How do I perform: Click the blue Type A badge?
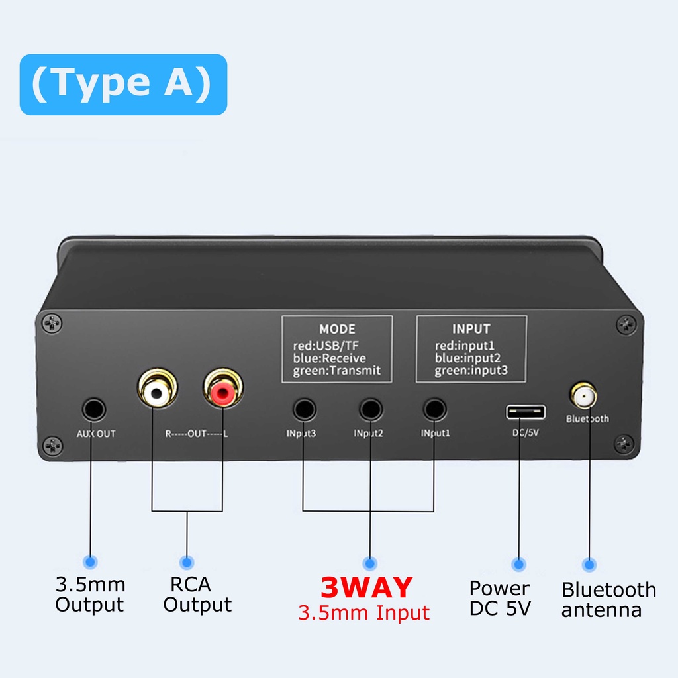coord(123,84)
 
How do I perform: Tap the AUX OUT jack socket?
coord(93,410)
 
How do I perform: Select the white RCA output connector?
coord(156,393)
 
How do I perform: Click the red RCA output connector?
coord(222,393)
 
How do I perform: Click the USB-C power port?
coord(526,412)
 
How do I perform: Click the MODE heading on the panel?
coord(337,329)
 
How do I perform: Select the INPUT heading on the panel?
coord(471,329)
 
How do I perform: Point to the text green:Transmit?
coord(337,371)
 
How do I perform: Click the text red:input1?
coord(465,346)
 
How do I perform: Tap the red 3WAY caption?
coord(366,588)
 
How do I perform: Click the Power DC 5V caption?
coord(500,598)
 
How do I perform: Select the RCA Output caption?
coord(197,595)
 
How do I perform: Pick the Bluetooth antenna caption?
coord(608,599)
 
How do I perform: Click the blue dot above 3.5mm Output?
coord(90,562)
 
